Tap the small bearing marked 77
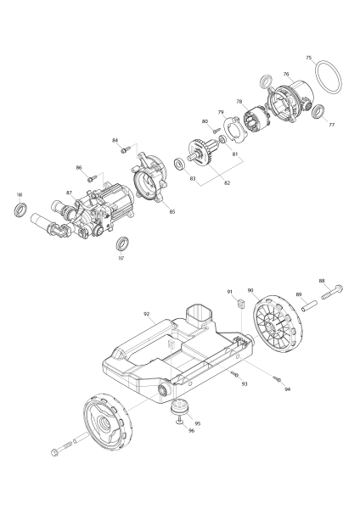pos(318,111)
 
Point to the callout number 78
pos(239,102)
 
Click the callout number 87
pos(69,193)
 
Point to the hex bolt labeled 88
pos(337,291)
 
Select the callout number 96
pos(191,430)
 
